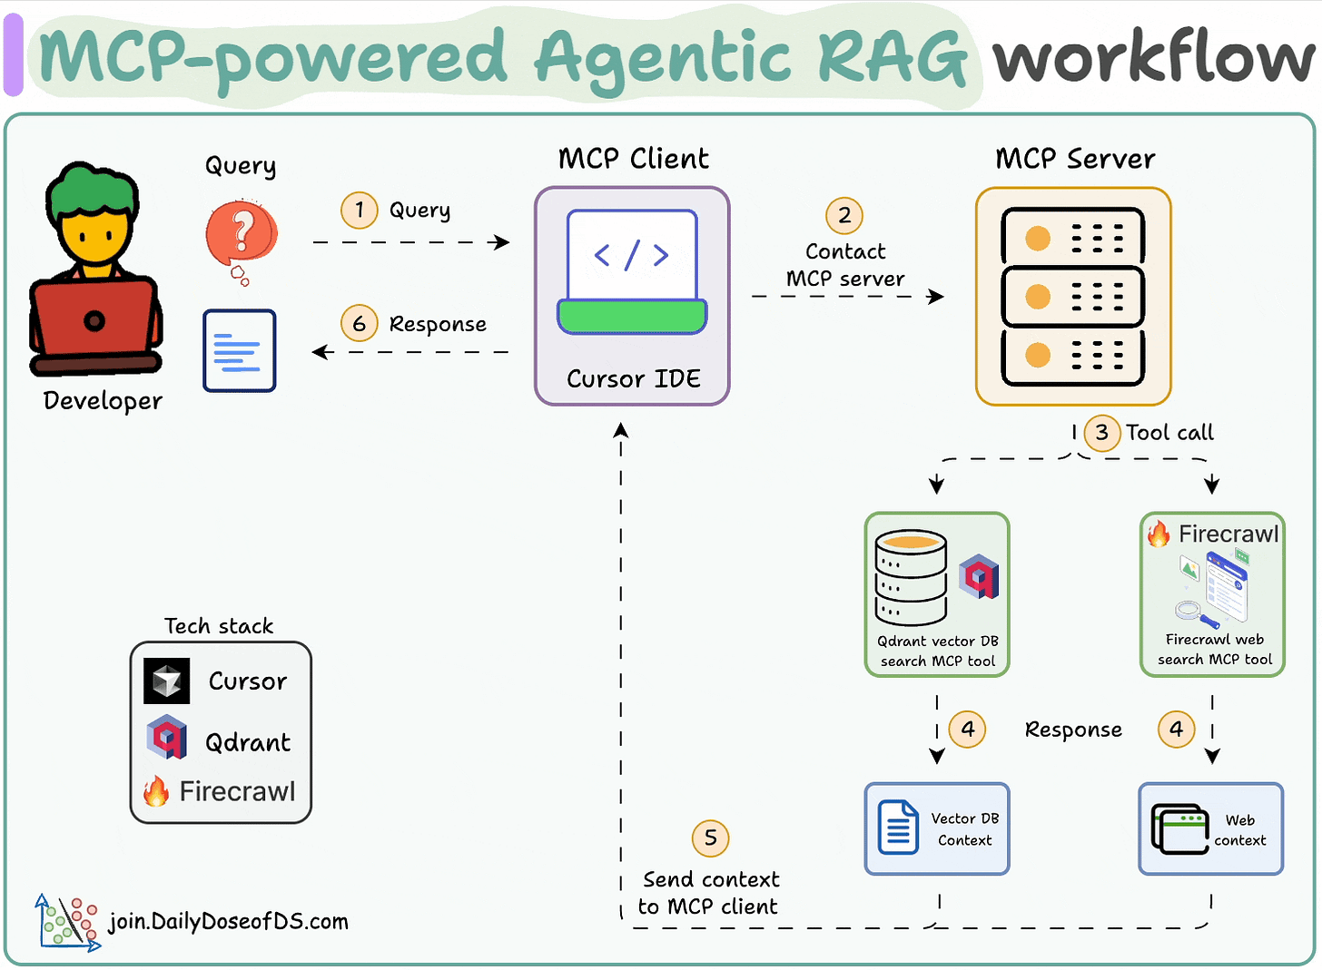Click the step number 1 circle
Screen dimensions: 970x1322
click(x=360, y=211)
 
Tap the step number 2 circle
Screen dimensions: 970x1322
click(x=844, y=215)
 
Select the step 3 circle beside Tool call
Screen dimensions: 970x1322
click(x=1101, y=432)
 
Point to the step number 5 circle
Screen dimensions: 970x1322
click(x=710, y=838)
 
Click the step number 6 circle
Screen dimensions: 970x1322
click(x=360, y=324)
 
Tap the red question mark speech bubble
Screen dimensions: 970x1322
click(x=242, y=235)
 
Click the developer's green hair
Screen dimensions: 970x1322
click(x=94, y=189)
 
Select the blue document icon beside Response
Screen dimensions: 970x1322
click(x=240, y=350)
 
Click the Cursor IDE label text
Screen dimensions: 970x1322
click(x=633, y=378)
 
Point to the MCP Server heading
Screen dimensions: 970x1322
click(x=1075, y=159)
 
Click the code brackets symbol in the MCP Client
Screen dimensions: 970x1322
click(x=631, y=255)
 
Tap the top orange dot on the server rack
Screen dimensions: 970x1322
click(x=1038, y=239)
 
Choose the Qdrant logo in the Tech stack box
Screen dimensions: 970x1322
click(x=167, y=737)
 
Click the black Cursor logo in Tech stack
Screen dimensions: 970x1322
click(x=167, y=681)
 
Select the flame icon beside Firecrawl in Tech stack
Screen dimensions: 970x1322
click(x=156, y=791)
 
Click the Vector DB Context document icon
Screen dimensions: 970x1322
click(x=898, y=827)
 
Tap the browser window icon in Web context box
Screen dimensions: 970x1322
click(x=1179, y=828)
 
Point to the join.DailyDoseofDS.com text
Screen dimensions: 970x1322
click(x=228, y=922)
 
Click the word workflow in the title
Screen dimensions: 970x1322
click(x=1153, y=58)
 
